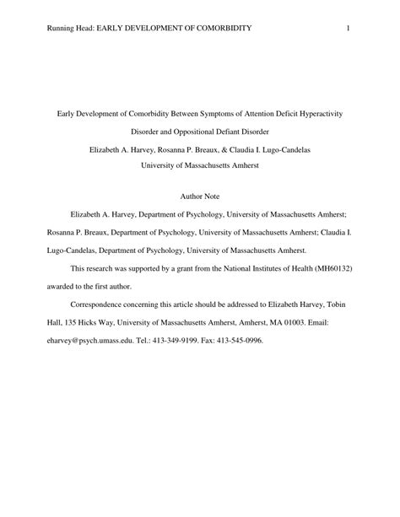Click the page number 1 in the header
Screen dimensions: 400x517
(348, 30)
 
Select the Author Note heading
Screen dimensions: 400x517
(200, 195)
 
